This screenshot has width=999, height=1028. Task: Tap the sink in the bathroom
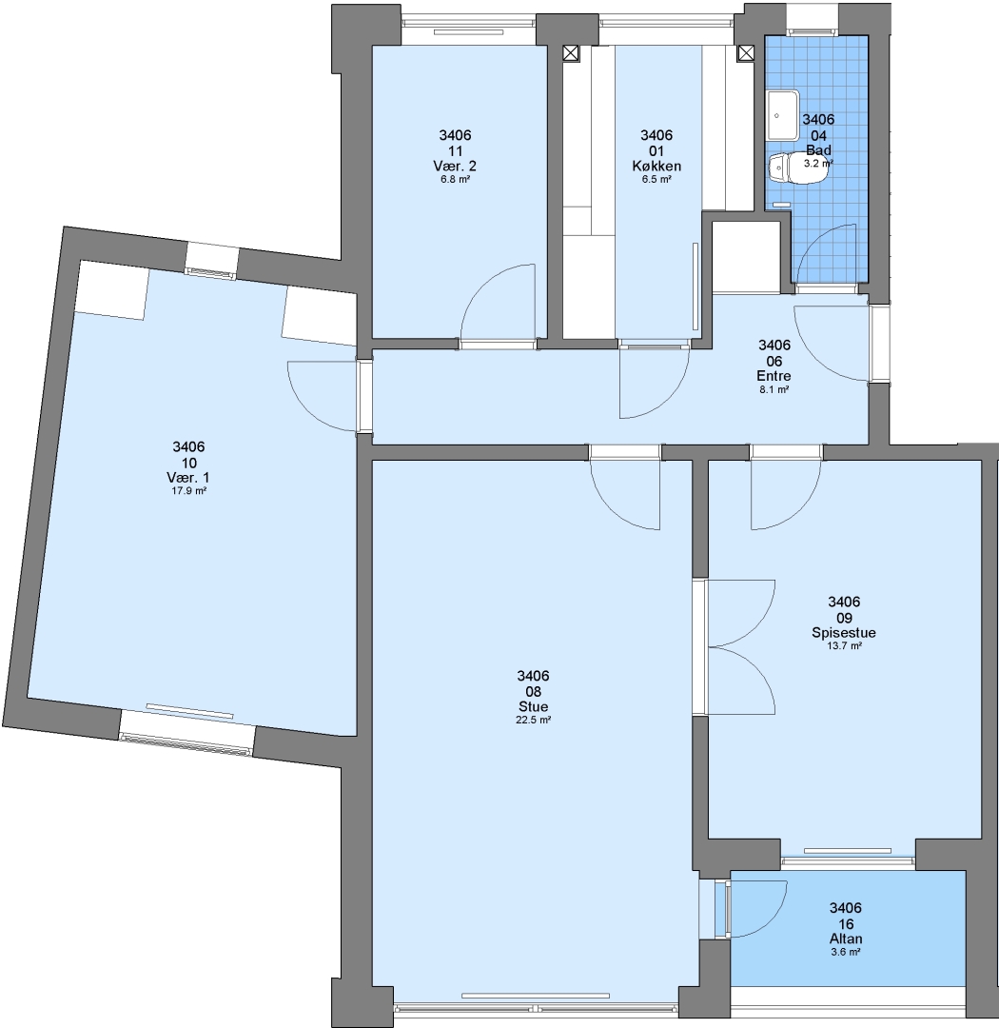[782, 115]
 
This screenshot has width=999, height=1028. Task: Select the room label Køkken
[656, 167]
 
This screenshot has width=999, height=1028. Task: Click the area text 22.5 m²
[533, 720]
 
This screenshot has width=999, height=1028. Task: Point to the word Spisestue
[844, 633]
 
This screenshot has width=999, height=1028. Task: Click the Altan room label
[846, 939]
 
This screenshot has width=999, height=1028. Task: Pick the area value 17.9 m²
[188, 491]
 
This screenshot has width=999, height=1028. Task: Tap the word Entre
[774, 376]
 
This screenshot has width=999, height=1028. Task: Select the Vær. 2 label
[455, 167]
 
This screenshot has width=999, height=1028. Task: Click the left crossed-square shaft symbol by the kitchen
[571, 53]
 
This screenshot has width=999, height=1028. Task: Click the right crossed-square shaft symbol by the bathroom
[745, 53]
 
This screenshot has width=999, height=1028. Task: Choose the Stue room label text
[533, 707]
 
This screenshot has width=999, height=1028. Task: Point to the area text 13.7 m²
[844, 645]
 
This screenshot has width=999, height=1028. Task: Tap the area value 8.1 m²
[774, 389]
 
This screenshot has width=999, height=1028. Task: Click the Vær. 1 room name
[188, 478]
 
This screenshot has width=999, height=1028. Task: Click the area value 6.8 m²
[455, 179]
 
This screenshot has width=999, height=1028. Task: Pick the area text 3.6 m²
[846, 953]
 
